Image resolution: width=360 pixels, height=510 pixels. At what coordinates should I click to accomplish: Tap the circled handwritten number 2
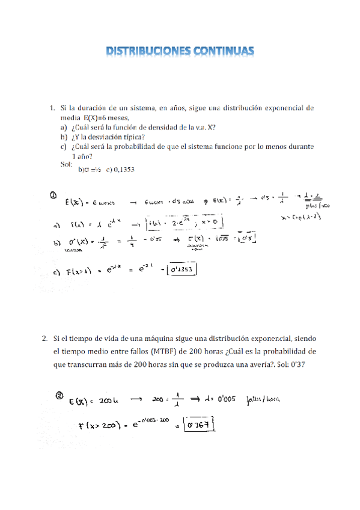(x=59, y=396)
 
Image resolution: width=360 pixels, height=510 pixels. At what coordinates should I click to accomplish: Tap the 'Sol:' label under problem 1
(x=66, y=164)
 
